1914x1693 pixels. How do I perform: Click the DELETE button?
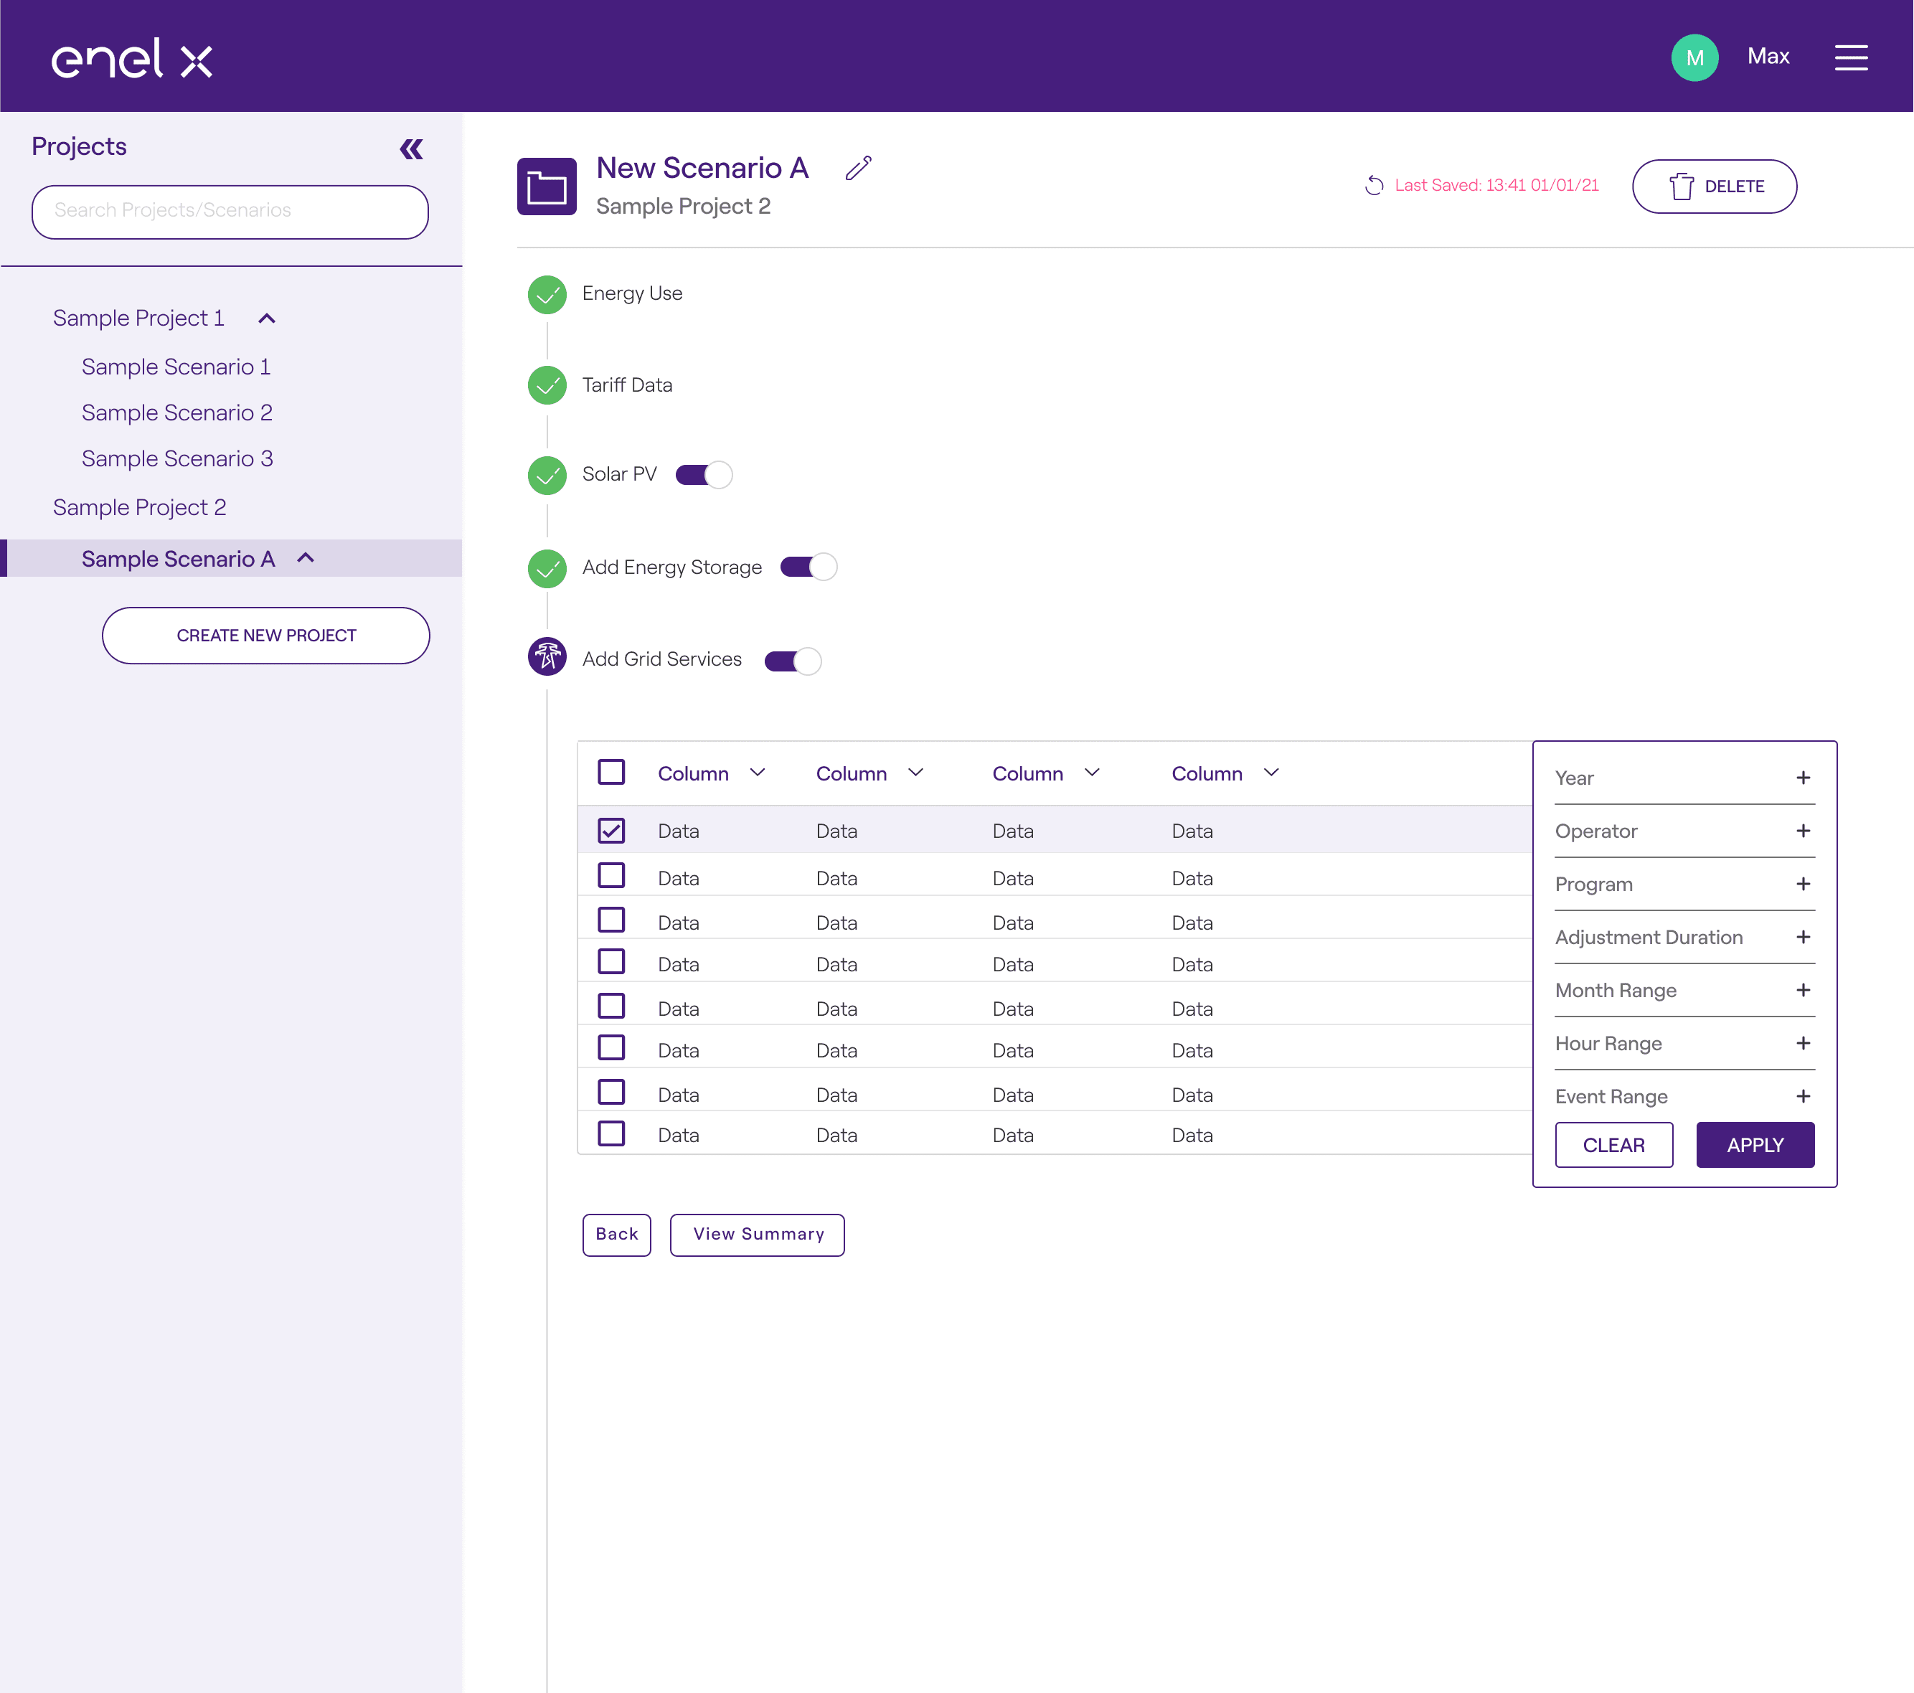tap(1714, 187)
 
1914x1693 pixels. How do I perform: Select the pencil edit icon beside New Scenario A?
tap(858, 168)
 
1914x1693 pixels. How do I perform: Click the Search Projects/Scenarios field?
tap(230, 212)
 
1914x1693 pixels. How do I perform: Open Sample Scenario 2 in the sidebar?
tap(177, 413)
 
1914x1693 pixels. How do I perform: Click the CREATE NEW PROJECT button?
tap(266, 636)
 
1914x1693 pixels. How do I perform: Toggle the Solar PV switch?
tap(704, 475)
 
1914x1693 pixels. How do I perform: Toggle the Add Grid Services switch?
tap(793, 661)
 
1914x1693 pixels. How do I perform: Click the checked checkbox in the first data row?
tap(611, 831)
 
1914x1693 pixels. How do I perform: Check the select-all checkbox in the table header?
tap(611, 773)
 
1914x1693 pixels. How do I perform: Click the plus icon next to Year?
tap(1804, 778)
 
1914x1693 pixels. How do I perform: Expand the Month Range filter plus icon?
tap(1804, 991)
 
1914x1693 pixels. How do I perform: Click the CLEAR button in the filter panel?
tap(1614, 1145)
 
